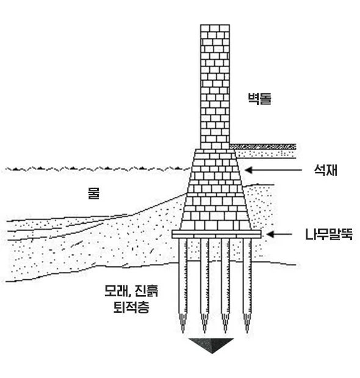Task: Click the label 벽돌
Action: click(x=259, y=98)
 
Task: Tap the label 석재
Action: click(x=325, y=170)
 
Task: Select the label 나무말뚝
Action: click(x=329, y=234)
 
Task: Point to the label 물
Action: click(x=93, y=193)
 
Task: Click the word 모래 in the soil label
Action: click(x=115, y=291)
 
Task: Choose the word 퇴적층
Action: click(x=131, y=307)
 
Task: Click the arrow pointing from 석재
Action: click(x=273, y=170)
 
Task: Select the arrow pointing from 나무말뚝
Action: click(x=279, y=234)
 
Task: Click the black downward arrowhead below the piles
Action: click(x=211, y=344)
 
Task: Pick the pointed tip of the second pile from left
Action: click(x=204, y=332)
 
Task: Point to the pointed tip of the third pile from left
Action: click(x=225, y=332)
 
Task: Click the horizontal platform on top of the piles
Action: click(x=217, y=234)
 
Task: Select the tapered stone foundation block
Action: click(x=215, y=190)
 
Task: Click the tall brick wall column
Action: click(x=215, y=87)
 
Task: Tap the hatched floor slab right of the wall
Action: click(x=263, y=146)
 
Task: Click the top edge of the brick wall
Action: click(x=215, y=24)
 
